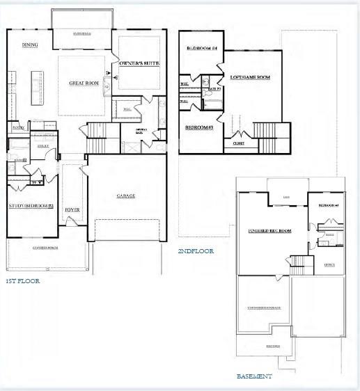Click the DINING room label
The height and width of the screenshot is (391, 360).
[30, 45]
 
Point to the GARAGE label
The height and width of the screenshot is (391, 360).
[126, 195]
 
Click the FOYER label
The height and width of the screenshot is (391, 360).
[72, 209]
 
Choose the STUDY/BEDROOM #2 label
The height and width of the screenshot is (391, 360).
[31, 206]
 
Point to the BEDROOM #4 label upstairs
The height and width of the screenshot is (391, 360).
[202, 48]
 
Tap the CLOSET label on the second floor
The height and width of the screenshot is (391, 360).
[238, 143]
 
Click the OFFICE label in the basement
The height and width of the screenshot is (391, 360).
[329, 265]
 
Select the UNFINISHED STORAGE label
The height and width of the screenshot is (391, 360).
[264, 307]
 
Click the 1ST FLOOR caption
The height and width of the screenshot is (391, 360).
[23, 281]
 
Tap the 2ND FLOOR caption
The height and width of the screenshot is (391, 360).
[196, 251]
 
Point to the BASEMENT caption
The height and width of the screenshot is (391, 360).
[254, 376]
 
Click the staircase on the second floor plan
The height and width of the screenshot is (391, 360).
[265, 131]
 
